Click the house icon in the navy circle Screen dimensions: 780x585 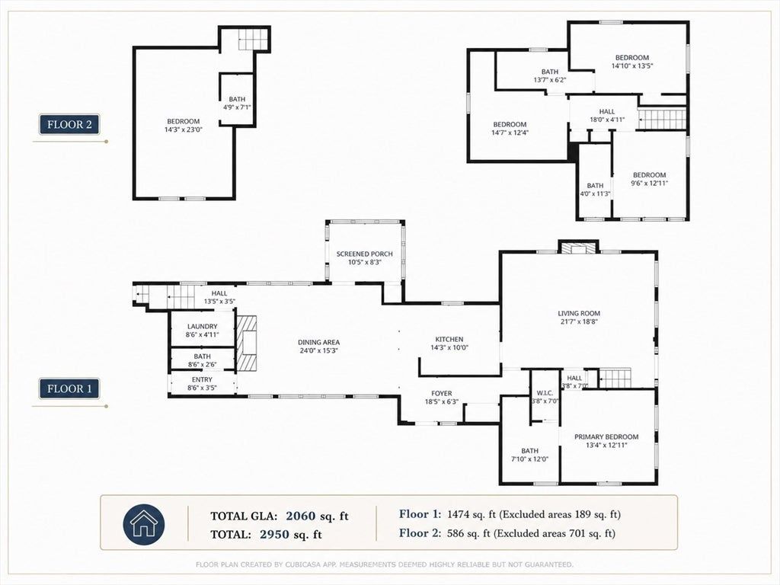point(144,523)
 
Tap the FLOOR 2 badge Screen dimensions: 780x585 point(69,124)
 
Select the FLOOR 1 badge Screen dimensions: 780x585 point(69,388)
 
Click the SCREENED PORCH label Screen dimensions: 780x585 point(365,254)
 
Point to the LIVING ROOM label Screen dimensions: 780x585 point(579,313)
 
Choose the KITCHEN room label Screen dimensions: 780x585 point(449,339)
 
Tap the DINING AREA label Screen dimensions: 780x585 point(319,342)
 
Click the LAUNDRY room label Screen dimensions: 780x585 point(203,326)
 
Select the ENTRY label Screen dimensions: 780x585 point(202,379)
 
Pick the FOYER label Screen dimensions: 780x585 point(442,394)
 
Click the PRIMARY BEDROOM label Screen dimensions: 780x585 point(606,436)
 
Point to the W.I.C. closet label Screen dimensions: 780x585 point(545,393)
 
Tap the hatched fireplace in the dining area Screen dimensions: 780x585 point(247,344)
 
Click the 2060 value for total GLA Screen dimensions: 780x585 point(300,516)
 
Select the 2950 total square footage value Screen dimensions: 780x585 point(274,535)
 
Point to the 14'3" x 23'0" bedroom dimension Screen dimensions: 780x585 point(184,129)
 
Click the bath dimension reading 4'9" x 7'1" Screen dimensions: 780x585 point(238,107)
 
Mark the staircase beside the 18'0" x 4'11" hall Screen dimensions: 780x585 point(662,120)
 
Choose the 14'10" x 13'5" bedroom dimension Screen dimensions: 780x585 point(632,66)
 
